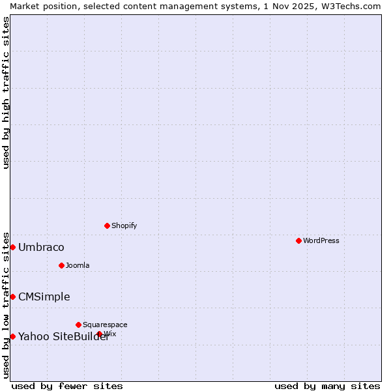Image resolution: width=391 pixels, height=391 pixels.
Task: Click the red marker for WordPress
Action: point(298,240)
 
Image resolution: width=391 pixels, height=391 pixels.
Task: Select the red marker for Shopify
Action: point(107,225)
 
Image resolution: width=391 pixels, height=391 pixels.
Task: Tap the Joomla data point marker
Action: point(61,265)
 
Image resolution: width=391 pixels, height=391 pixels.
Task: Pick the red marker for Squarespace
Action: point(78,325)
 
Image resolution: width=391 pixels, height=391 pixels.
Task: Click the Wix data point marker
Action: point(100,334)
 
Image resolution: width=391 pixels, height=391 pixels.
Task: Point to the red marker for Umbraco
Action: point(12,247)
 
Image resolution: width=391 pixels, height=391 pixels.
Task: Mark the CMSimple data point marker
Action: point(12,297)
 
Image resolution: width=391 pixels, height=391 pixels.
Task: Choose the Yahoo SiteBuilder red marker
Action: point(12,336)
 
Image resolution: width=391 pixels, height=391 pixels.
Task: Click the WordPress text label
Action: point(321,240)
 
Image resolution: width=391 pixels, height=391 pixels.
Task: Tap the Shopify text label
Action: point(124,225)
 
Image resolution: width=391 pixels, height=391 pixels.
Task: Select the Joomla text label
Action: point(78,265)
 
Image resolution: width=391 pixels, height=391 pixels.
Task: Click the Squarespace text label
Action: point(105,325)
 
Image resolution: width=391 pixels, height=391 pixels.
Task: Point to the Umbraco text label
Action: point(41,247)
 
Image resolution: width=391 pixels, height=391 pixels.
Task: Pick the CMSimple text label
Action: point(44,297)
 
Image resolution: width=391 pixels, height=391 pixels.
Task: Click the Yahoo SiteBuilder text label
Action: point(63,336)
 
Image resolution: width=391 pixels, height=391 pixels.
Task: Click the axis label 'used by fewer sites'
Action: point(67,386)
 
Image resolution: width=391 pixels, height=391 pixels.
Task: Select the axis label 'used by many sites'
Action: point(327,386)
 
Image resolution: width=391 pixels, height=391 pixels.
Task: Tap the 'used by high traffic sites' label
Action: point(7,92)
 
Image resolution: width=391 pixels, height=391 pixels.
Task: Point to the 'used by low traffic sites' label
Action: point(7,304)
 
